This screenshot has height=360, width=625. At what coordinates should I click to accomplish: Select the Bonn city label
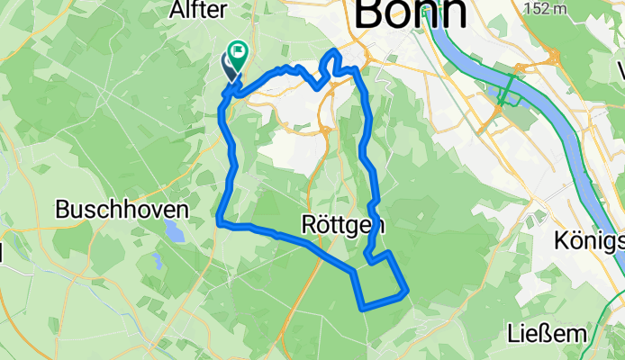(x=412, y=13)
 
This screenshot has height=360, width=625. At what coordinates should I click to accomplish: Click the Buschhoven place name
(x=122, y=209)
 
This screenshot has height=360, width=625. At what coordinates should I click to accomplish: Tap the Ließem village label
(x=548, y=333)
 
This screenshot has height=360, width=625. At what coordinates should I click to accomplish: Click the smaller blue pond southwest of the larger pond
(x=156, y=261)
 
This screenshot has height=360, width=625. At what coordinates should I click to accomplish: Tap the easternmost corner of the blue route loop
(x=408, y=291)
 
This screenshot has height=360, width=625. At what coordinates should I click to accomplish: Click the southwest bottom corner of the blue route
(x=361, y=308)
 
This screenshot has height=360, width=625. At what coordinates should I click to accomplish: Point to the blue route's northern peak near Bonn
(x=335, y=51)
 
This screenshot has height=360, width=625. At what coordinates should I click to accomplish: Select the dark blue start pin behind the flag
(x=229, y=65)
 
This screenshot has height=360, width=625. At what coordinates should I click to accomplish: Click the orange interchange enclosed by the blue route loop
(x=322, y=130)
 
